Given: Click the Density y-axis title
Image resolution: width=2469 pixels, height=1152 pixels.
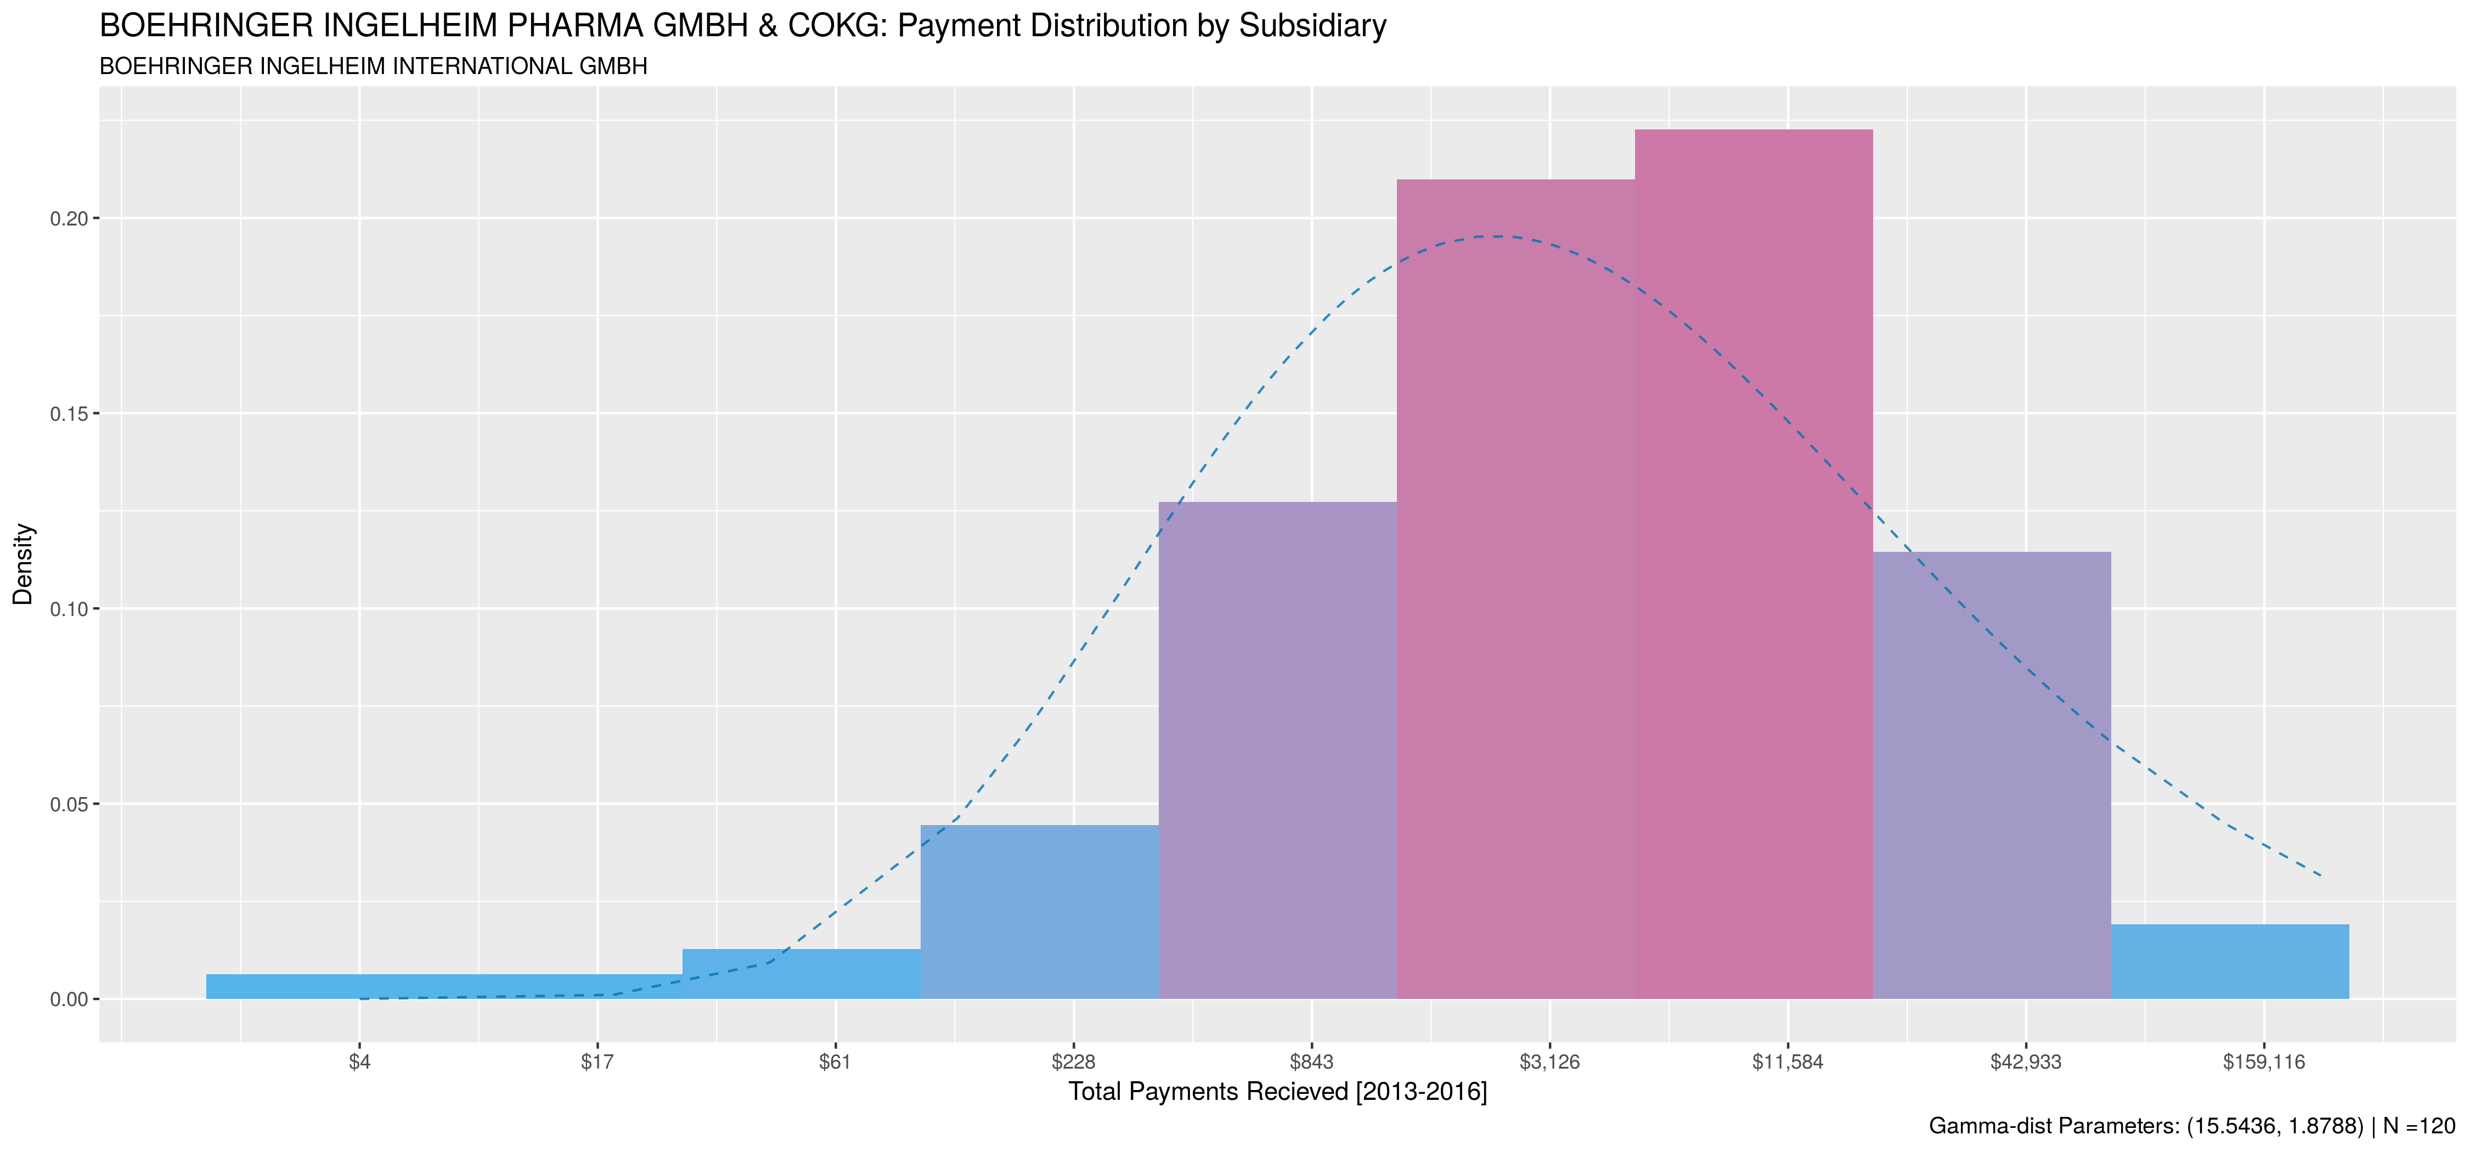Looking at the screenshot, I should (23, 563).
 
